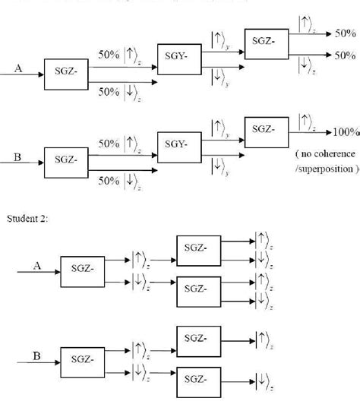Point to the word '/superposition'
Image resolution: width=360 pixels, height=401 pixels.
(326, 169)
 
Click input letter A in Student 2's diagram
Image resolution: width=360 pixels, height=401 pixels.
(36, 266)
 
